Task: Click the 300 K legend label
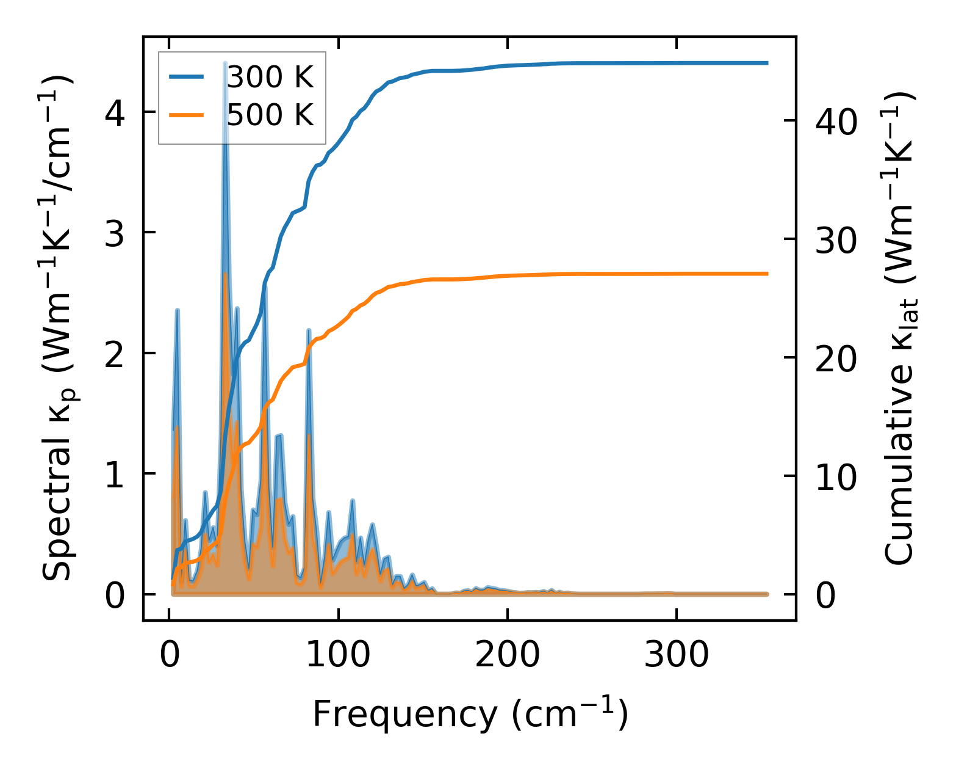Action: click(270, 78)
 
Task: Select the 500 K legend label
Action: click(270, 114)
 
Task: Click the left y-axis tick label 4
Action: click(115, 112)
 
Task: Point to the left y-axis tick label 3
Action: click(115, 233)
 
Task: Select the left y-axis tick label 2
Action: click(115, 354)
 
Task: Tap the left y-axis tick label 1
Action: click(115, 475)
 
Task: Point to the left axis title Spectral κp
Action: click(58, 330)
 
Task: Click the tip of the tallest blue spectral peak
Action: click(225, 63)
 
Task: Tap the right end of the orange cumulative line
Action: click(767, 274)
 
